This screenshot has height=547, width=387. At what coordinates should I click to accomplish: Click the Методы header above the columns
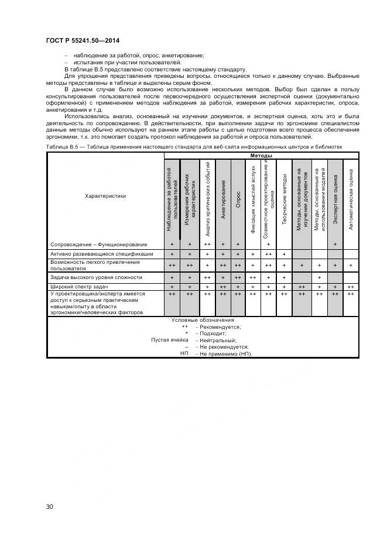[x=261, y=156]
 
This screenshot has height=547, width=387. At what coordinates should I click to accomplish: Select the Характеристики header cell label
[x=105, y=196]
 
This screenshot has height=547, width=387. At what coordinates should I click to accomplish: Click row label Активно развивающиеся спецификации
[x=102, y=254]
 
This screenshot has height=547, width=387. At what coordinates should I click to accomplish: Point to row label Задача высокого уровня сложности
[x=97, y=277]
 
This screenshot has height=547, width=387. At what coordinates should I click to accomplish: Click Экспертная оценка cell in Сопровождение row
[x=335, y=244]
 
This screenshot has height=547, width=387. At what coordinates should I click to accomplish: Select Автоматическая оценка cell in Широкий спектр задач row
[x=351, y=287]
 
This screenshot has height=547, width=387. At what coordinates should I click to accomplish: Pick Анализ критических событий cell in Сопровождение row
[x=207, y=244]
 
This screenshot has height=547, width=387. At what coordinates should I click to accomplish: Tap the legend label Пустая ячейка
[x=169, y=340]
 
